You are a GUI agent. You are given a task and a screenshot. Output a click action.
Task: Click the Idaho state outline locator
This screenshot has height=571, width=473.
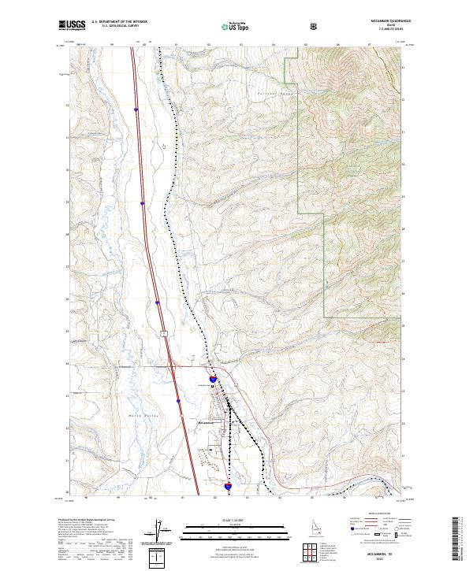tap(305, 526)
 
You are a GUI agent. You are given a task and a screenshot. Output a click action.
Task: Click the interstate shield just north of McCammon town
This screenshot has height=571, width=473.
tap(214, 379)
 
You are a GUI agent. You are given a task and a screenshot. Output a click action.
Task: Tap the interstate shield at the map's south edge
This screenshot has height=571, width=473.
tap(228, 488)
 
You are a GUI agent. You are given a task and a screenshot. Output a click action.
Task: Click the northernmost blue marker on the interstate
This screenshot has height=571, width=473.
tap(136, 109)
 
